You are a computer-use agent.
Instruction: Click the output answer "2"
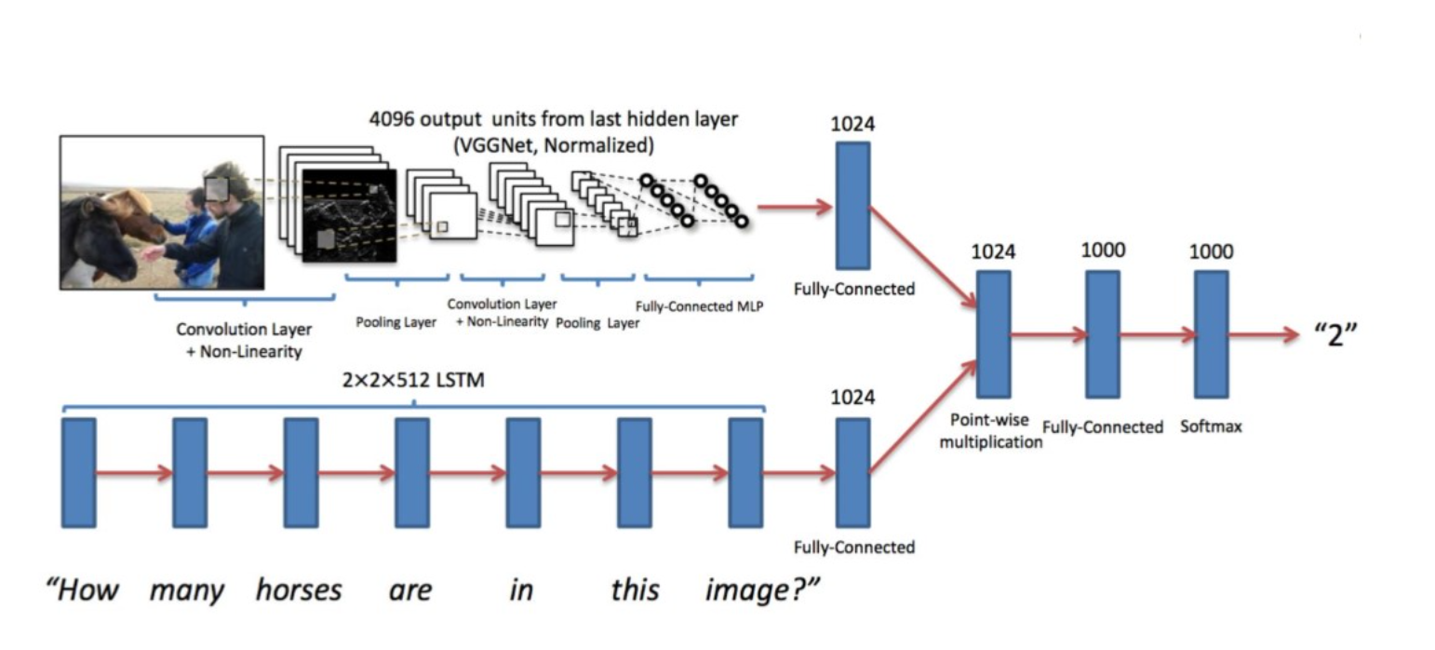pyautogui.click(x=1336, y=335)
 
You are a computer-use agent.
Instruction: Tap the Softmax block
pyautogui.click(x=1211, y=335)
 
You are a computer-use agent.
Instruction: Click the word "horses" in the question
pyautogui.click(x=299, y=590)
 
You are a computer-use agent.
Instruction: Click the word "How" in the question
pyautogui.click(x=83, y=590)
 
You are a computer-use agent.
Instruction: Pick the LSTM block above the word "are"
pyautogui.click(x=411, y=473)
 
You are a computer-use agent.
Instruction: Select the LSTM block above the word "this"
pyautogui.click(x=634, y=473)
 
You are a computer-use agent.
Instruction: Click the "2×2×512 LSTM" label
pyautogui.click(x=413, y=381)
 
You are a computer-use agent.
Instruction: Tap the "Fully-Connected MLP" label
pyautogui.click(x=698, y=305)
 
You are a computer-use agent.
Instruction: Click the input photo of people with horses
pyautogui.click(x=162, y=212)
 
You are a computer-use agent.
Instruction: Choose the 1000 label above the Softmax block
pyautogui.click(x=1211, y=251)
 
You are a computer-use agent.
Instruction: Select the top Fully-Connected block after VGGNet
pyautogui.click(x=852, y=206)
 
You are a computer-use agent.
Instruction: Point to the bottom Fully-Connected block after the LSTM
pyautogui.click(x=852, y=473)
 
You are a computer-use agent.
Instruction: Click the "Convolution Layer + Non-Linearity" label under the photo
pyautogui.click(x=244, y=340)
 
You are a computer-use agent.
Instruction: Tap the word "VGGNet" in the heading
pyautogui.click(x=507, y=145)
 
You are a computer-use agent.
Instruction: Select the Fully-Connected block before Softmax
pyautogui.click(x=1103, y=335)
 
